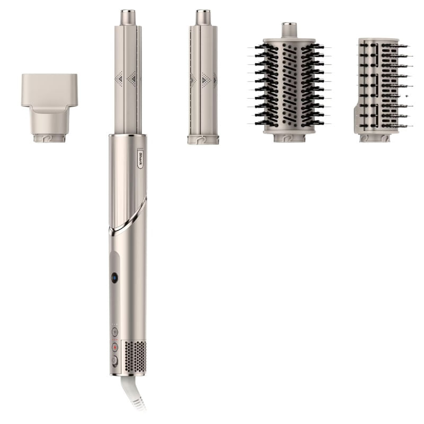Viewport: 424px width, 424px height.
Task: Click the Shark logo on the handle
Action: (140, 158)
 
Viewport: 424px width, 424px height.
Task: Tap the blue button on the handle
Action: (114, 278)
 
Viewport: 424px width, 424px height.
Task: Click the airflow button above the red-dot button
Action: (115, 332)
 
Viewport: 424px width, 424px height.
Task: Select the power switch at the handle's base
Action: (115, 361)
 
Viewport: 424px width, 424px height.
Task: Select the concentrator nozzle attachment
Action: (49, 108)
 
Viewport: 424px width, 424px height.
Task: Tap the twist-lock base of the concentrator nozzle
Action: (49, 138)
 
